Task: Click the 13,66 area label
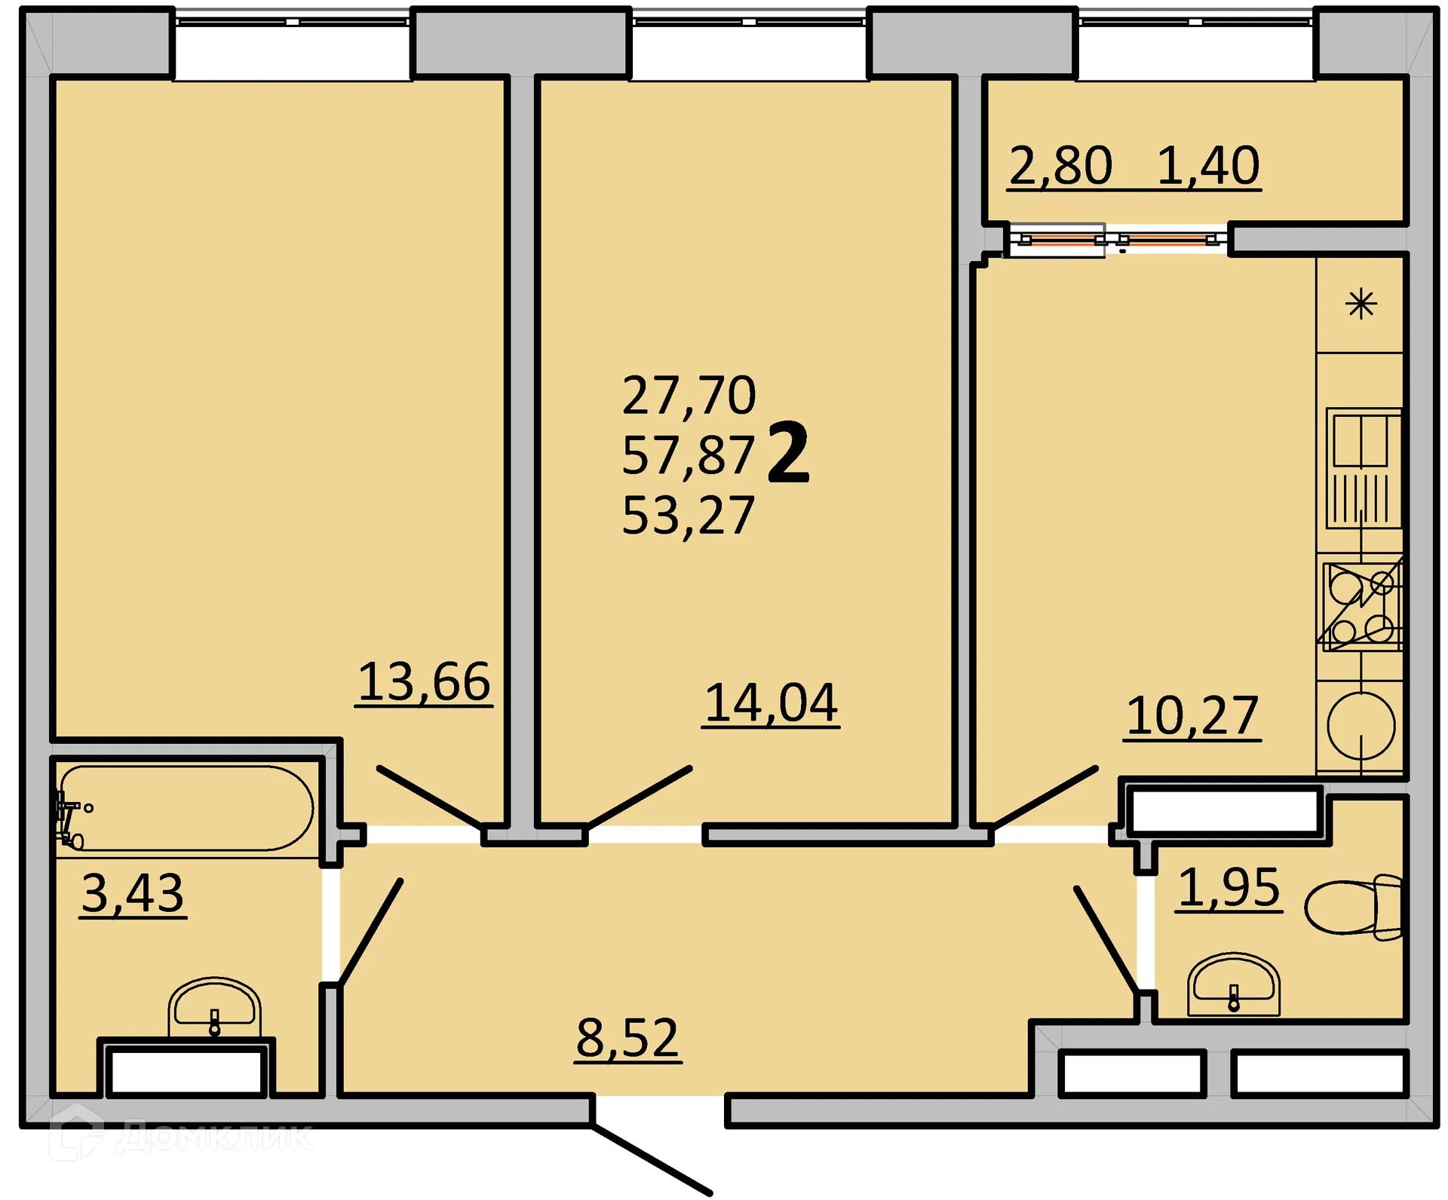click(424, 681)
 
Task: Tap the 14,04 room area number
click(771, 703)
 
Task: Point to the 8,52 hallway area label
click(627, 1037)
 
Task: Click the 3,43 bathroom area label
click(133, 893)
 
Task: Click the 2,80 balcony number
click(1060, 165)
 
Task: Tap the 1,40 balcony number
click(1208, 165)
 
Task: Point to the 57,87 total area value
click(688, 455)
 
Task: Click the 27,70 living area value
click(689, 395)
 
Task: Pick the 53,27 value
click(688, 516)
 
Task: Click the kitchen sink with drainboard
click(1362, 468)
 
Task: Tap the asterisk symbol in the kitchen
click(1361, 305)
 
